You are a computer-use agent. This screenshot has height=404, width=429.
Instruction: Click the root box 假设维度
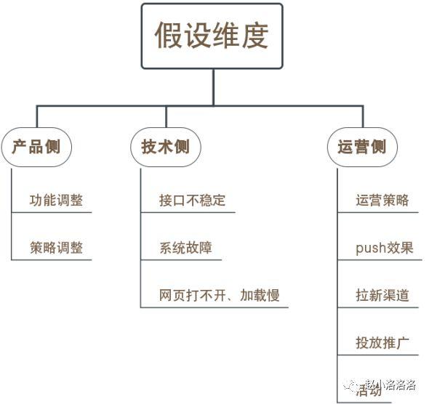[x=212, y=36]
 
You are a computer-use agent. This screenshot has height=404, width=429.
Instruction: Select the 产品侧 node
[x=36, y=147]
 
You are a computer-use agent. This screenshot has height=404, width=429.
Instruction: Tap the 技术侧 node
[x=165, y=147]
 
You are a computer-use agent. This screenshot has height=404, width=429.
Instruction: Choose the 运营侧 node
[x=362, y=147]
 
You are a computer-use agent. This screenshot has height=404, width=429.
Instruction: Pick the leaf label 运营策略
[x=382, y=200]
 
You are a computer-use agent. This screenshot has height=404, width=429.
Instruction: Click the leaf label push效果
[x=385, y=248]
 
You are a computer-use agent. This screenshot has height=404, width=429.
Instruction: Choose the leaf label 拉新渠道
[x=382, y=295]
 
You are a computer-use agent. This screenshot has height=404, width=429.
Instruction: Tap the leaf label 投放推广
[x=382, y=342]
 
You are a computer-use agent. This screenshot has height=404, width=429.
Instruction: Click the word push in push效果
[x=370, y=249]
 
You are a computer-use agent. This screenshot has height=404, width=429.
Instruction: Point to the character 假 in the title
[x=168, y=36]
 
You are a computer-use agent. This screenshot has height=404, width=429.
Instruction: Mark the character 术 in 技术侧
[x=165, y=147]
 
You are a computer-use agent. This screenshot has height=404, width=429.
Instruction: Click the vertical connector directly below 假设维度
[x=212, y=87]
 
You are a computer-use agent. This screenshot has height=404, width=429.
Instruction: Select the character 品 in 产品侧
[x=36, y=147]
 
